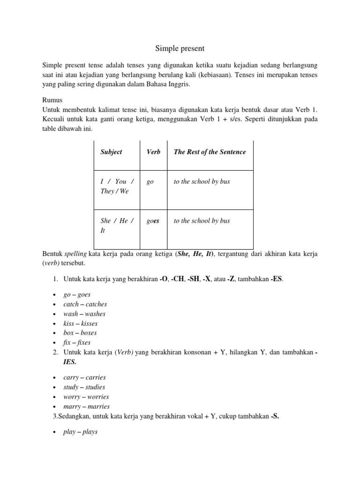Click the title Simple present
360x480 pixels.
coord(180,48)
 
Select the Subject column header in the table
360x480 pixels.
coord(111,152)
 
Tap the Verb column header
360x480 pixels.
coord(153,152)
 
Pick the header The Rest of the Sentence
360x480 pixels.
coord(210,152)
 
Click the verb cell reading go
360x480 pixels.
coord(150,182)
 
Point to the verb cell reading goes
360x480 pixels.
coord(153,221)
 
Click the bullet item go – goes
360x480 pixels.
coord(77,295)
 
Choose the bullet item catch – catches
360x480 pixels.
coord(85,304)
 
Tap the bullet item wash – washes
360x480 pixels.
coord(84,314)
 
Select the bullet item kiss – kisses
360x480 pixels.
coord(80,323)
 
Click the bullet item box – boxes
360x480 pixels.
coord(80,333)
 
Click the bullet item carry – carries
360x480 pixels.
coord(84,377)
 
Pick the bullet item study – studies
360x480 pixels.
coord(84,387)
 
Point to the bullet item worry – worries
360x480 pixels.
coord(86,397)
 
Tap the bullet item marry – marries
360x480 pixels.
coord(86,406)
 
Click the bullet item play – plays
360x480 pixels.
coord(80,432)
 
